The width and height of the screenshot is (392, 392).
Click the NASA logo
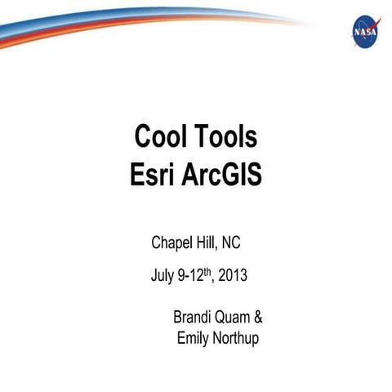[364, 31]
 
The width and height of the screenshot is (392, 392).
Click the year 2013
[233, 276]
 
